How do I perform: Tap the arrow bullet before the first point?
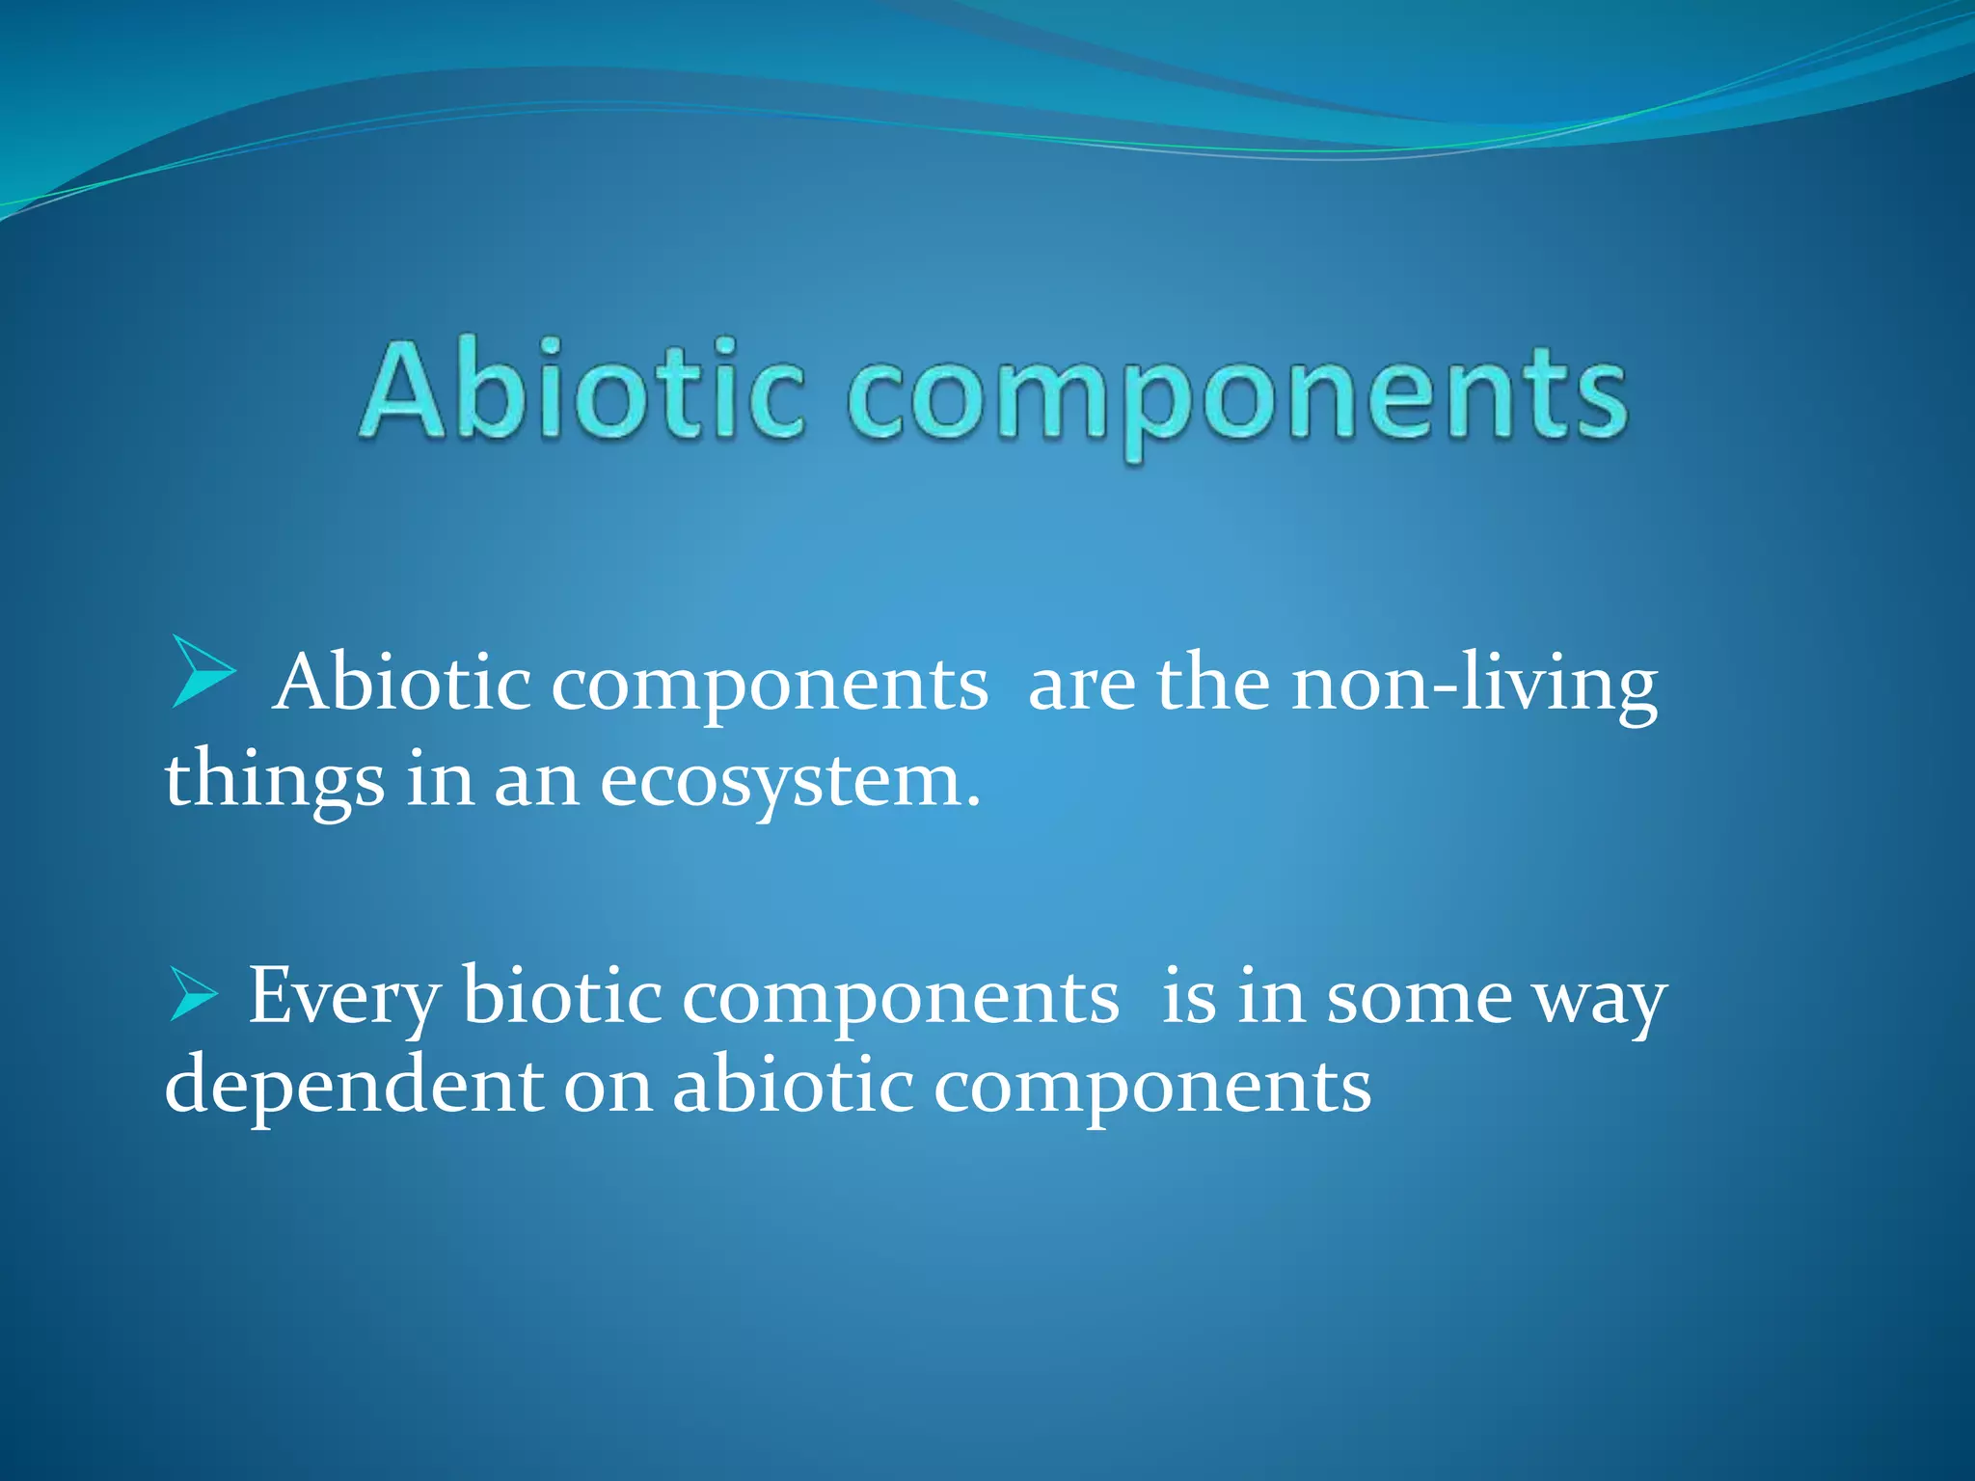tap(203, 671)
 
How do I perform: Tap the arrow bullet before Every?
tap(194, 995)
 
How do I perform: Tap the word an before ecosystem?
tap(536, 781)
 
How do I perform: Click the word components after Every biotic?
tap(901, 999)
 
